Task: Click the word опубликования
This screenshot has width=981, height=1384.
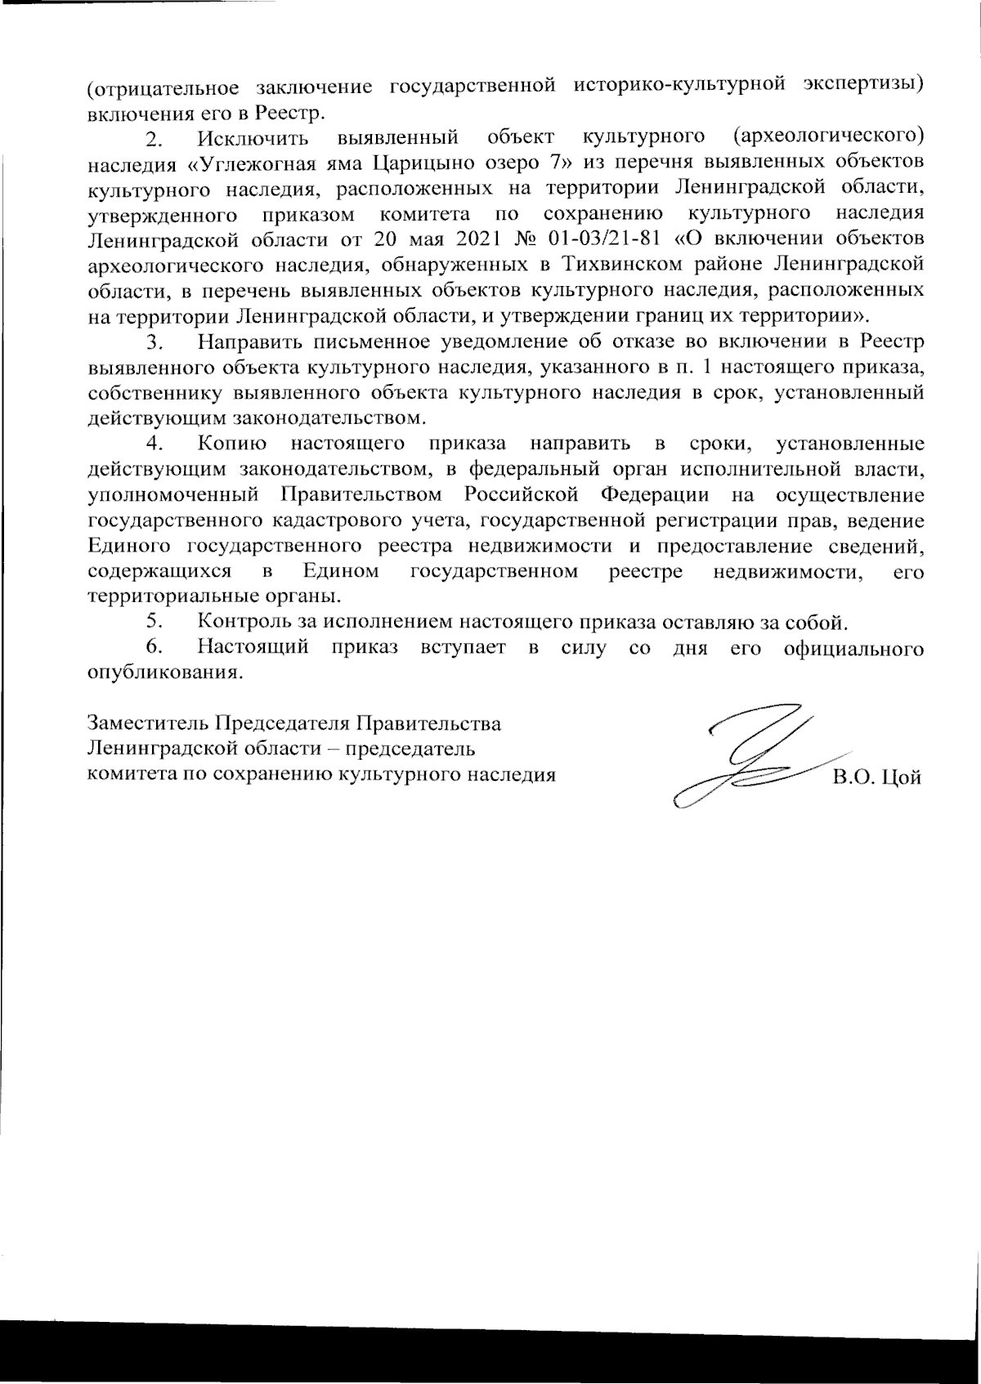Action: [164, 674]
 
